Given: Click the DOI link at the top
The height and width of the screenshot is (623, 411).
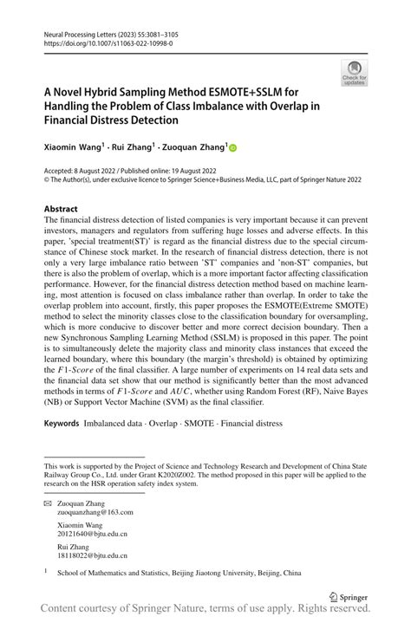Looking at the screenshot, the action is coord(104,42).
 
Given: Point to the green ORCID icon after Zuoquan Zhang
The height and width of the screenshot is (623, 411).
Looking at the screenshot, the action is coord(232,149).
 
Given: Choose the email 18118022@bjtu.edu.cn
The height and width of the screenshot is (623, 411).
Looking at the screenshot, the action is coord(92,555).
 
